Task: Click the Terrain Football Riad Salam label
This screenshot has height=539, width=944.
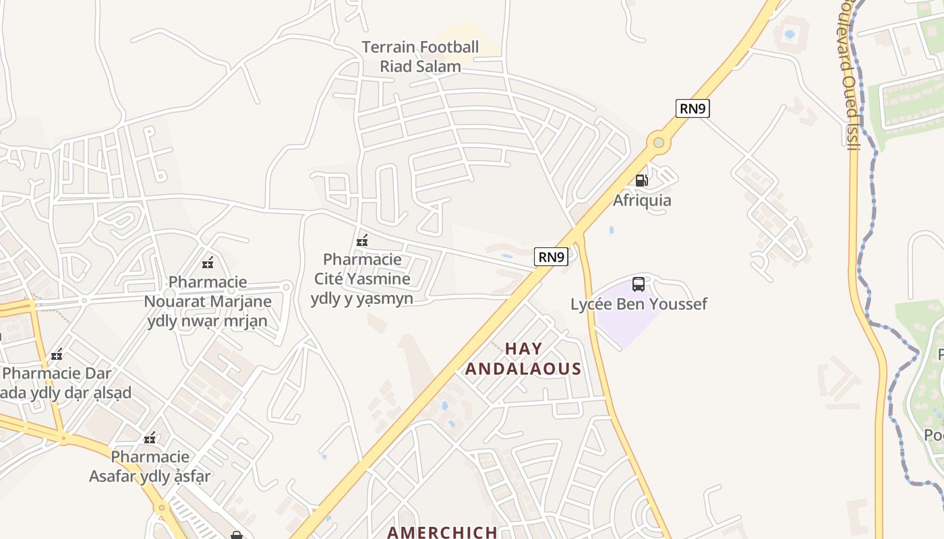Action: pos(420,57)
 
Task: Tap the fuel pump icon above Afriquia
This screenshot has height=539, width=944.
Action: pos(641,180)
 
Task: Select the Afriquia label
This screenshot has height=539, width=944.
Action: pos(641,200)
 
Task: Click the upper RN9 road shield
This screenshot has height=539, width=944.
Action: pos(692,108)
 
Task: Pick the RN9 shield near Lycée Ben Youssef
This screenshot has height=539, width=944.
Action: pos(551,257)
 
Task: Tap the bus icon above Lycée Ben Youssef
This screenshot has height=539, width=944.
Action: pos(639,284)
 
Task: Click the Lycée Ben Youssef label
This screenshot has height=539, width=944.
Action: pos(639,304)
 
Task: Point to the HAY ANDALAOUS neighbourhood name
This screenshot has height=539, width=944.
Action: pos(523,358)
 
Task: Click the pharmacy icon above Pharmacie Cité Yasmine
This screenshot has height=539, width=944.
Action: pos(362,240)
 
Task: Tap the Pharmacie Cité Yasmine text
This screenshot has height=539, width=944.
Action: pos(362,278)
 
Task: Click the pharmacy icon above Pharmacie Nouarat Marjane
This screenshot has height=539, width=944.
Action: pos(208,262)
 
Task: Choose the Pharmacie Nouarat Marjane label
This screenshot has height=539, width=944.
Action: pos(208,301)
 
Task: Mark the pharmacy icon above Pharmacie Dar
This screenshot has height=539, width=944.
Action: pos(57,354)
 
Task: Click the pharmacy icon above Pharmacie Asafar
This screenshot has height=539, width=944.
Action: pos(150,438)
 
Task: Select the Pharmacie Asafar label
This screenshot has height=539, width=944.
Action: pos(150,467)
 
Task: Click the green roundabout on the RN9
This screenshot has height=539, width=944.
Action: pos(658,143)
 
